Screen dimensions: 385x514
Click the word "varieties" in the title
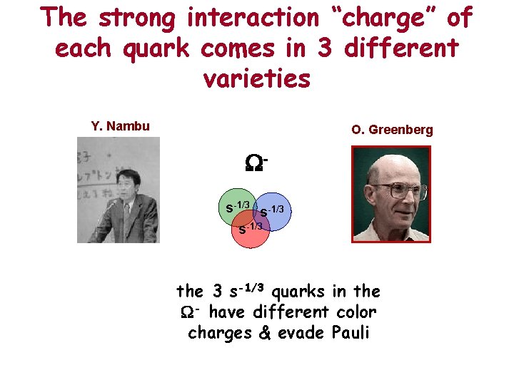tap(256, 78)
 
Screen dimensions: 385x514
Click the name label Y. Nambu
tap(121, 127)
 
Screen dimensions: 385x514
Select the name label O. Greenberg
tap(392, 130)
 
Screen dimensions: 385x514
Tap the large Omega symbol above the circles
tap(255, 165)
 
